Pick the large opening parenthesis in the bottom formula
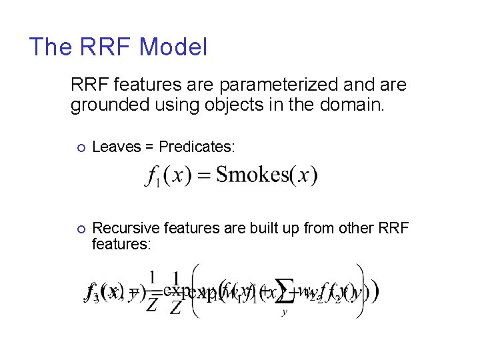point(195,291)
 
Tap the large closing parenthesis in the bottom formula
point(361,291)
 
